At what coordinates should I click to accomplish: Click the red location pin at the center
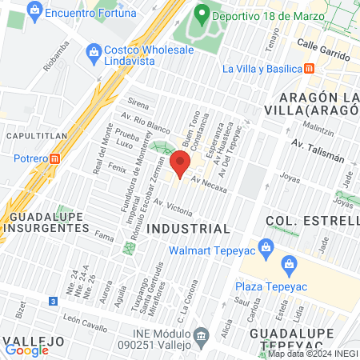180,163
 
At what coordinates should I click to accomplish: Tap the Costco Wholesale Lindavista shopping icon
94,50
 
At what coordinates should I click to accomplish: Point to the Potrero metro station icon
54,158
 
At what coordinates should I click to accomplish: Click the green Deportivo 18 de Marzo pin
202,14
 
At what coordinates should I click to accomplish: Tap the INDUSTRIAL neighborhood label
190,229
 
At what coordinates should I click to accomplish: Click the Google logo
26,349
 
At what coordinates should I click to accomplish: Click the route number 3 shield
53,301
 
